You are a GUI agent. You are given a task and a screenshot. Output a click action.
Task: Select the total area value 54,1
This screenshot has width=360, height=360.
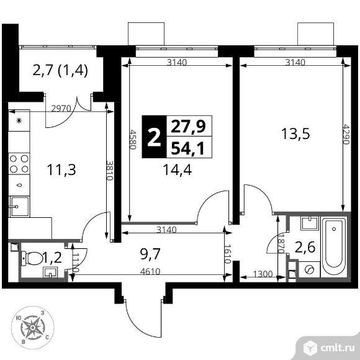pos(189,148)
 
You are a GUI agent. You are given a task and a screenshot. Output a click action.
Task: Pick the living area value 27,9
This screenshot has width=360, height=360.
pos(189,127)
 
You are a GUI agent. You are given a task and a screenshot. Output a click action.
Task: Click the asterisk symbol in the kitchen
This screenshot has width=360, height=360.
pos(19,120)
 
